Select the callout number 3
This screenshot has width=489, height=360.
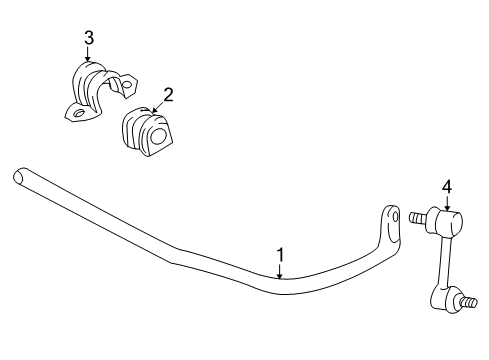click(88, 37)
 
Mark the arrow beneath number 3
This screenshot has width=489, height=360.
click(88, 54)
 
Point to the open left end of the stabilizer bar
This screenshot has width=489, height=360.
click(18, 176)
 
